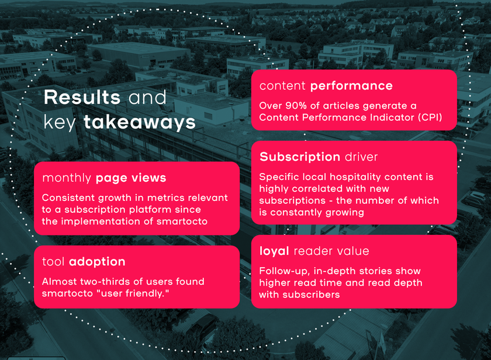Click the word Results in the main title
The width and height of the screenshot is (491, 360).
point(82,97)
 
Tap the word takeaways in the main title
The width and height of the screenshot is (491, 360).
point(140,122)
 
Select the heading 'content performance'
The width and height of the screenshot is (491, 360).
point(326,86)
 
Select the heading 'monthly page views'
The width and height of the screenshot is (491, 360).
point(104,178)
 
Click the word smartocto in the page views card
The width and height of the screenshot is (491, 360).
point(182,221)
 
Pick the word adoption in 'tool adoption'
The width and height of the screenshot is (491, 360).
point(97,262)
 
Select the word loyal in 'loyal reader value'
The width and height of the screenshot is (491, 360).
point(274,251)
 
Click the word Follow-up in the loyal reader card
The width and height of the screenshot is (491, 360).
point(285,271)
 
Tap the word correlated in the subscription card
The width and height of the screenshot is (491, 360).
point(323,189)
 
